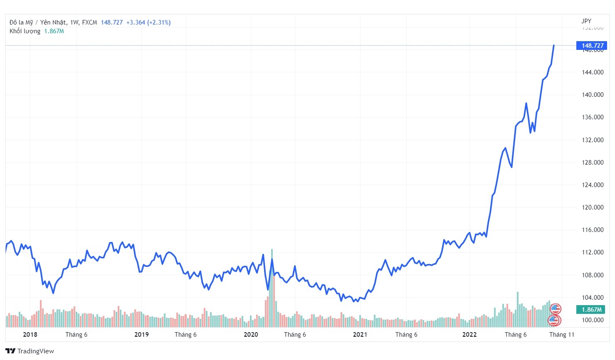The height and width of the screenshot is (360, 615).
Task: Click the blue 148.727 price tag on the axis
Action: (x=591, y=46)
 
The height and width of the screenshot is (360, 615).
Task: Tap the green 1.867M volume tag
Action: (x=591, y=309)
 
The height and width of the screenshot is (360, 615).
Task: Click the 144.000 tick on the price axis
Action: (x=593, y=72)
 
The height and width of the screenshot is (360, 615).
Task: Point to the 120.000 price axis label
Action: (x=593, y=207)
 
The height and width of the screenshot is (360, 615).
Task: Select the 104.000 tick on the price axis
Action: (x=593, y=298)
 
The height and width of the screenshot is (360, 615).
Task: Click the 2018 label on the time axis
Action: (x=30, y=335)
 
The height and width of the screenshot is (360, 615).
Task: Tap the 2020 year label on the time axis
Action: (x=251, y=335)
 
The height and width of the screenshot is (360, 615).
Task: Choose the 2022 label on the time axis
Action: (x=469, y=335)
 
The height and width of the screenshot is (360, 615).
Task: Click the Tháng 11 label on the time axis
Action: (x=561, y=335)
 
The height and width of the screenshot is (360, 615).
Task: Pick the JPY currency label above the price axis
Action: (x=586, y=21)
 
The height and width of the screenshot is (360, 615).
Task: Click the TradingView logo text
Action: (x=35, y=351)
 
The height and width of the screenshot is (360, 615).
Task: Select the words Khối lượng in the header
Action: (x=25, y=31)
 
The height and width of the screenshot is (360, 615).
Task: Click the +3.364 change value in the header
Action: (x=136, y=22)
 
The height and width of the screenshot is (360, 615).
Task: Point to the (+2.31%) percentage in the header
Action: (x=159, y=22)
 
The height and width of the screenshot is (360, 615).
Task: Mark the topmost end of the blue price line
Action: (x=553, y=45)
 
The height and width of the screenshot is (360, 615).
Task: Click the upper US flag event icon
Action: (x=556, y=309)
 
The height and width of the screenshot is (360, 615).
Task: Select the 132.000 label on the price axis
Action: (x=593, y=140)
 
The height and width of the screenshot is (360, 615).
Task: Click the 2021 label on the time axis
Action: (x=360, y=335)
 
